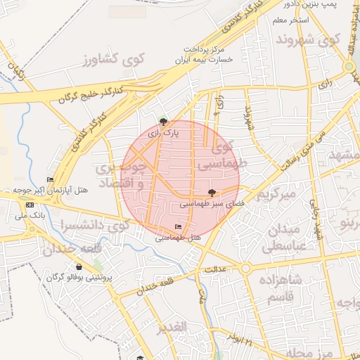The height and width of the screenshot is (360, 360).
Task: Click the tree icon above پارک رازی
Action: pos(164,121)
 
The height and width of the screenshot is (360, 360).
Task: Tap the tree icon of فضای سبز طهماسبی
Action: pos(212,192)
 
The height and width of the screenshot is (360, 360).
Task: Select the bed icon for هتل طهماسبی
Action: pos(177,226)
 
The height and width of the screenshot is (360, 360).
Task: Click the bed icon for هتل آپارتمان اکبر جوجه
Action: pos(50,179)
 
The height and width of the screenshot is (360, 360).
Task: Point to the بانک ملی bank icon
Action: pos(30,205)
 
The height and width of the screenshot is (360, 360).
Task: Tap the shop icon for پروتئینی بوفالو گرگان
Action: pos(79,266)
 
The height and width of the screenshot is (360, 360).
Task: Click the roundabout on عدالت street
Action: pos(245,268)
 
